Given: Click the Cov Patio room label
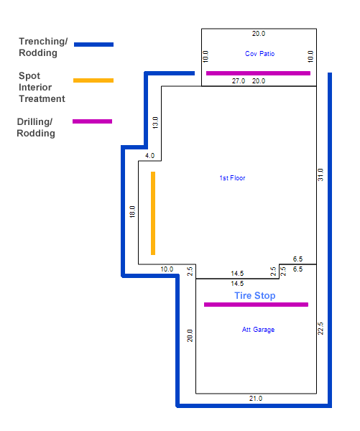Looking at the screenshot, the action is pos(259,54).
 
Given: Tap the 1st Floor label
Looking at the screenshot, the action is pos(232,178).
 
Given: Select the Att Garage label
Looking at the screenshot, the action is pos(258,329).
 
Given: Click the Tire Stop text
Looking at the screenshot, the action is pos(255,295).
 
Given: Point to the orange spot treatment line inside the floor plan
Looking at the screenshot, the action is pos(153,213).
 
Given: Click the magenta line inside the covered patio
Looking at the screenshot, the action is pos(258,73).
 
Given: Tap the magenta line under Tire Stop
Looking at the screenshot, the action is pos(256,305).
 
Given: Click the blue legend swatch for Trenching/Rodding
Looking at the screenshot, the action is pos(94,45).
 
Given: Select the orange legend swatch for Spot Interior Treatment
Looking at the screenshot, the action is pos(93,80).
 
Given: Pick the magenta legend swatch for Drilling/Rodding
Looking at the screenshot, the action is pos(93,121).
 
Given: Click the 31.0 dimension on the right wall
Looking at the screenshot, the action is pos(320,175).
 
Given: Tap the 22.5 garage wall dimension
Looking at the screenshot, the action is pos(320,328).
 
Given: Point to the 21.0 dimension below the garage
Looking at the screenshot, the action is pos(256,398).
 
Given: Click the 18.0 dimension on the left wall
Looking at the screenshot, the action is pos(132,212).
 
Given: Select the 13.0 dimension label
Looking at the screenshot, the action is pos(155,123).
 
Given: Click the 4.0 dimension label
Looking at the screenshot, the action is pos(150,156).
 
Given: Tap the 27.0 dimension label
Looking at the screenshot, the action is pos(239,81).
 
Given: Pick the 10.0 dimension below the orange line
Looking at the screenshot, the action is pos(167,269).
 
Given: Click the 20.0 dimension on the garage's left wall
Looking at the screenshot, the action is pos(190,335).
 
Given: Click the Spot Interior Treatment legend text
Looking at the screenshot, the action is pos(42,87).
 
